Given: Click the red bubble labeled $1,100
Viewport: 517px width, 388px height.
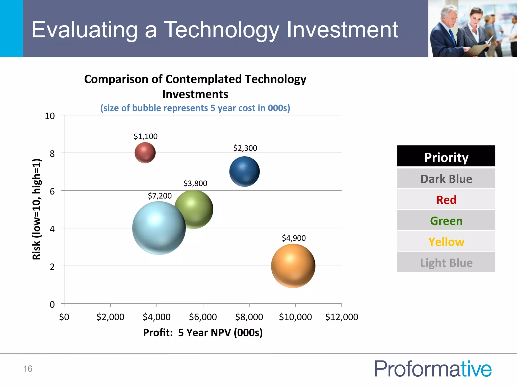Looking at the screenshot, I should pos(145,153).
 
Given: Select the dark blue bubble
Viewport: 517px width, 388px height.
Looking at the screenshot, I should pos(244,172).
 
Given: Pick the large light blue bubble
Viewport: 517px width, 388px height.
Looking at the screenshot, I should pos(159,228).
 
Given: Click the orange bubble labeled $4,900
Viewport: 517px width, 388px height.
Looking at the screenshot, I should pos(293,266).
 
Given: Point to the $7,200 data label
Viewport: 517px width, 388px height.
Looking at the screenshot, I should pos(160,196).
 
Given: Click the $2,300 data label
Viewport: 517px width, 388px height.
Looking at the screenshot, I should pos(245,148).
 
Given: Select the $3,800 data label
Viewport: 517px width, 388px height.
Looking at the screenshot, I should pos(195,183).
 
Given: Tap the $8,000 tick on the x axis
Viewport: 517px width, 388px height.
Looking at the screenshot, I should pos(249,317).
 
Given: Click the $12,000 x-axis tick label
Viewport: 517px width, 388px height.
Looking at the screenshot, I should pos(341,317).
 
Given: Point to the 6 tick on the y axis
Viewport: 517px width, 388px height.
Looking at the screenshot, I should pos(52,191).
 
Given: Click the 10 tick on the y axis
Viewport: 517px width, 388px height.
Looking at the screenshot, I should pos(50,116).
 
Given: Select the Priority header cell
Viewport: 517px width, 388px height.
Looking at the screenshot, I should pos(446,157).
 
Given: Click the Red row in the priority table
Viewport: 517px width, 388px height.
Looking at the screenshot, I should pos(446,200).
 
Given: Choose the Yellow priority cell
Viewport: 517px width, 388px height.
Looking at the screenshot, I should pos(446,242).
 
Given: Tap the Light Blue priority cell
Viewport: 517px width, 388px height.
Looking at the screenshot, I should pos(446,263).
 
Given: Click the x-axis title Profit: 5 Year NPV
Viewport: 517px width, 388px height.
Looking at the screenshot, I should pos(203,332).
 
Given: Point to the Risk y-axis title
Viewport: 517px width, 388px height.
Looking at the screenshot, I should pos(37,209).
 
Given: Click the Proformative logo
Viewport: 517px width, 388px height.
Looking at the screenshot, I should pos(433,369).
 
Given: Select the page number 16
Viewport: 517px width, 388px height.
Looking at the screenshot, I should pos(28,369).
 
